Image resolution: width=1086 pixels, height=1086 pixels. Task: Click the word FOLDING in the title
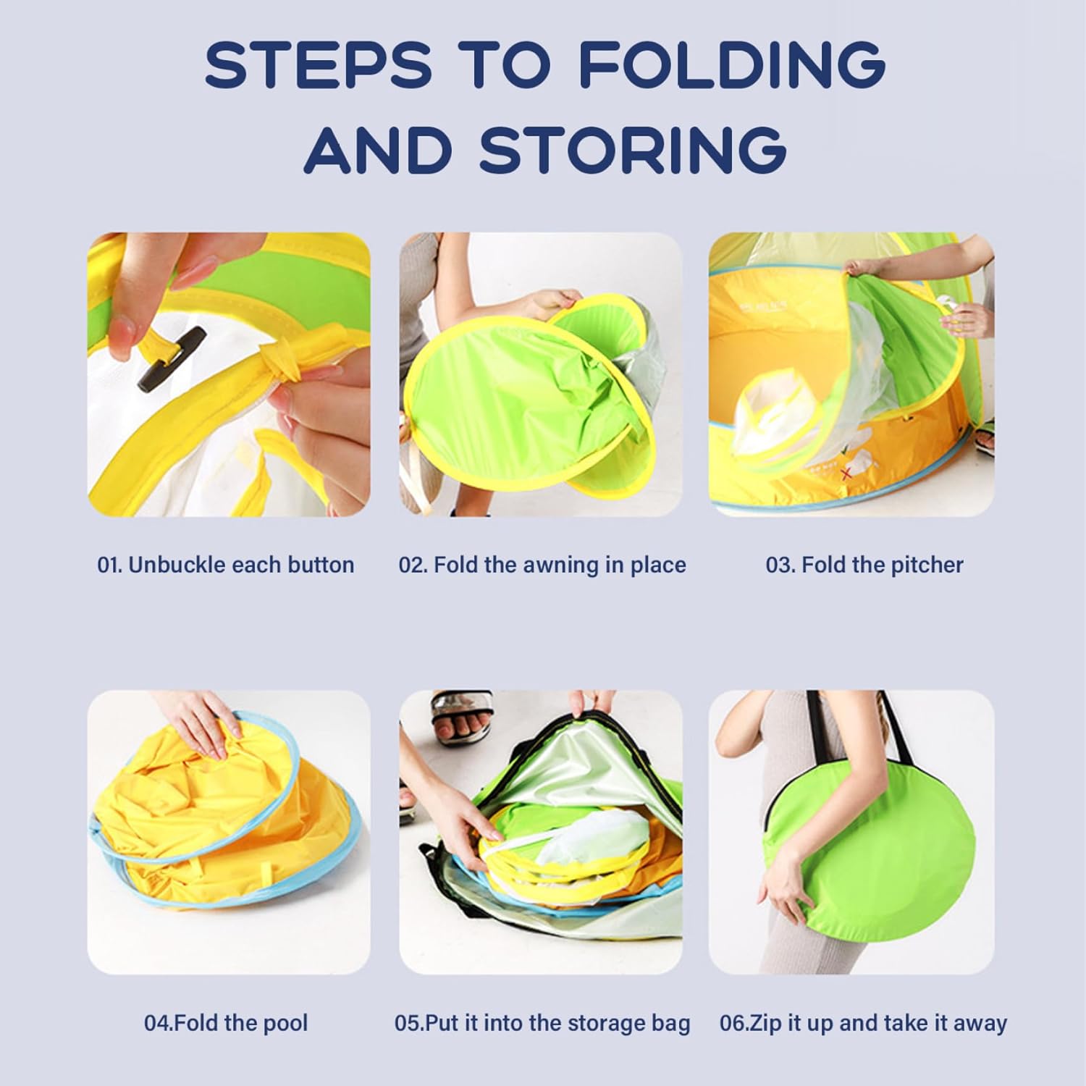coord(732,64)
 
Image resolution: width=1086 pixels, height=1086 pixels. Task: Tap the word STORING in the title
coord(633,148)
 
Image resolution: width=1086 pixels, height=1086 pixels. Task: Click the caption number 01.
coord(109,565)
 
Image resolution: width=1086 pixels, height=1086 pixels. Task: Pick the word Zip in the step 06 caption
coord(764,1023)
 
